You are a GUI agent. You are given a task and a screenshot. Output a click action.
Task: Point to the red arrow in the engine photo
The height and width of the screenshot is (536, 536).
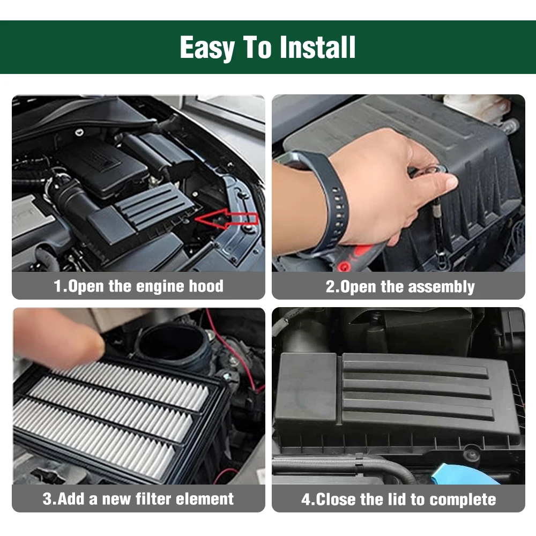(226, 218)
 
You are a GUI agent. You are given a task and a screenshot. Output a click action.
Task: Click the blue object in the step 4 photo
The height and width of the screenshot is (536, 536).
(465, 474)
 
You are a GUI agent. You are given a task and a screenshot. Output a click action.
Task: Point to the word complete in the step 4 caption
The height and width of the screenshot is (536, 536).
(463, 500)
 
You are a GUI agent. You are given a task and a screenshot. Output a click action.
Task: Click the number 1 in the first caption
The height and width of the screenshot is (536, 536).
(57, 286)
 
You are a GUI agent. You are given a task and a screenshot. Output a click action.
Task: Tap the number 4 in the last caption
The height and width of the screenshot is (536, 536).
(306, 500)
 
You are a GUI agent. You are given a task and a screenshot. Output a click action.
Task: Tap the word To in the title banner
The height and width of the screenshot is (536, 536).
(257, 47)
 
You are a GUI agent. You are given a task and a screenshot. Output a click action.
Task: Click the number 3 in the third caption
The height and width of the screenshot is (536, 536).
(47, 499)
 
